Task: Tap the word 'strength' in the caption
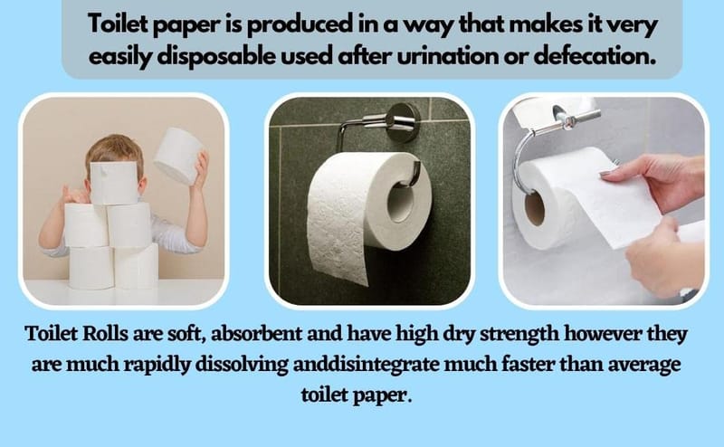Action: coord(519,334)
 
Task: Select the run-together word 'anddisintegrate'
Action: coord(366,366)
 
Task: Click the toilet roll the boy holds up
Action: coord(179,155)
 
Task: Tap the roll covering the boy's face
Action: coord(114,184)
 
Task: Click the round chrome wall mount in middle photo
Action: coord(403,122)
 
